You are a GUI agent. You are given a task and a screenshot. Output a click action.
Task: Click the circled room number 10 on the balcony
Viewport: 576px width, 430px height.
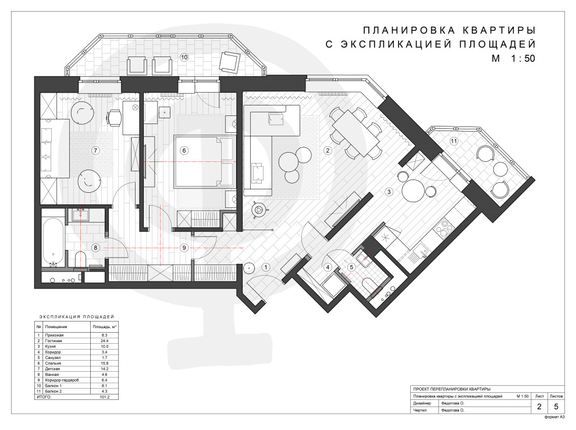[x=184, y=57]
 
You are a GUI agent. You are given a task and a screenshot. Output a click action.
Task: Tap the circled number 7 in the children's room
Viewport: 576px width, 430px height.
[x=95, y=150]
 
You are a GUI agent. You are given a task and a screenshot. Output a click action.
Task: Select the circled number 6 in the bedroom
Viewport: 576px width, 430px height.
[x=184, y=150]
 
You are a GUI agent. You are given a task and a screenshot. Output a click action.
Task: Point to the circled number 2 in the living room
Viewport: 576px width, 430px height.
[x=328, y=150]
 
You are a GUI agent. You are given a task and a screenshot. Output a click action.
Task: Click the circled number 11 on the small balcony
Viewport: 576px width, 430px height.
[x=454, y=141]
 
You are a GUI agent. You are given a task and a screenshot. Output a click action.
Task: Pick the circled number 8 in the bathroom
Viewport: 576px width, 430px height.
[x=95, y=248]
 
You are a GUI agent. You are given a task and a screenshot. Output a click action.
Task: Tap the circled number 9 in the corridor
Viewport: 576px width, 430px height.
[x=184, y=248]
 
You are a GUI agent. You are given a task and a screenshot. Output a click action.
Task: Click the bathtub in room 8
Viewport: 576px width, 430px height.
[x=54, y=242]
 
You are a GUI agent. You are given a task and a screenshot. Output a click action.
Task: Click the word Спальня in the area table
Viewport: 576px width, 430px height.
[x=52, y=363]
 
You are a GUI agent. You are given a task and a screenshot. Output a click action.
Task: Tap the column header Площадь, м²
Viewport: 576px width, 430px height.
[x=105, y=327]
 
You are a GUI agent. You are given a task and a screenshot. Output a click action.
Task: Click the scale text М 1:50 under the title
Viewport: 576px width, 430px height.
[x=513, y=58]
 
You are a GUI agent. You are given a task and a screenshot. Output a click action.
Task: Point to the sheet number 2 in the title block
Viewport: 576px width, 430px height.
[x=539, y=406]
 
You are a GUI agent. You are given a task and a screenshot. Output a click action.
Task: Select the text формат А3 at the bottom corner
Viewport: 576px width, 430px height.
[x=554, y=417]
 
